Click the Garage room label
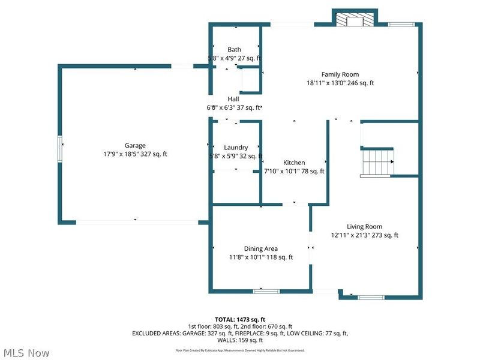point(135,145)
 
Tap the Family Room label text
point(339,74)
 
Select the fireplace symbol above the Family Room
point(354,20)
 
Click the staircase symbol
point(377,162)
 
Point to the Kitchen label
point(294,163)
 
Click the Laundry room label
point(236,148)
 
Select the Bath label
point(234,50)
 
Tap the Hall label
point(233,99)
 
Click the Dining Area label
point(260,248)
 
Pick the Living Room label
point(364,227)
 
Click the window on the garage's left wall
point(60,148)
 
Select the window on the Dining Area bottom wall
point(266,291)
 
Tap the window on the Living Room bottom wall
point(371,296)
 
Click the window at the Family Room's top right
point(397,24)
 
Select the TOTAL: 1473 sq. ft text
point(239,319)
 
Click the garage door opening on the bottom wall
point(137,222)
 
